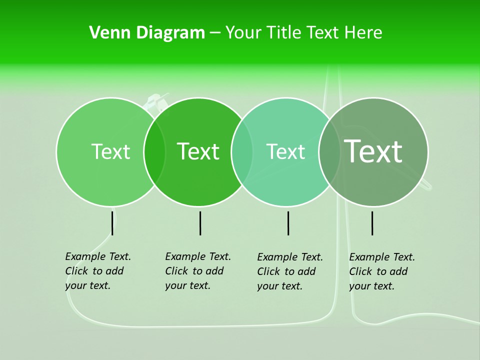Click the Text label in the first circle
click(x=110, y=151)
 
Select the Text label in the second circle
click(x=198, y=151)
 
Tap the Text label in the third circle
click(x=285, y=151)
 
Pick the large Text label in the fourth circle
click(x=373, y=151)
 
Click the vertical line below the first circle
click(x=112, y=223)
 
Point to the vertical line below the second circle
click(x=200, y=223)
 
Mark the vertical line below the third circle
click(x=288, y=223)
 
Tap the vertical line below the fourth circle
click(x=372, y=223)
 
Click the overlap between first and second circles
click(x=154, y=151)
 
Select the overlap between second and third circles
click(x=242, y=151)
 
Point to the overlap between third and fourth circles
click(x=329, y=151)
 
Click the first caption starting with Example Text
click(x=98, y=271)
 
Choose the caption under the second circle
click(x=198, y=271)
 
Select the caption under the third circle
click(x=290, y=271)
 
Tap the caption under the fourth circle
click(x=382, y=271)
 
